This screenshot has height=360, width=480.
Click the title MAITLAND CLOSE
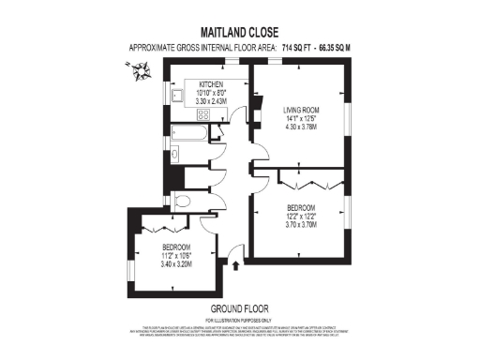(240, 31)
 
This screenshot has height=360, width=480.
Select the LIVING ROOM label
(302, 111)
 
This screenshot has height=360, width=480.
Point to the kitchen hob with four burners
(202, 114)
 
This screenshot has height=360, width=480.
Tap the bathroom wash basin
(174, 155)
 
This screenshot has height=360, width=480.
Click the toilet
(183, 200)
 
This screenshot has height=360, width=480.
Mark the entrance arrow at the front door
(234, 265)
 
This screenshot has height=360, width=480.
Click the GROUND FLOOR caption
(240, 307)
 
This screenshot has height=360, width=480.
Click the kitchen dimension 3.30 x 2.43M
(213, 100)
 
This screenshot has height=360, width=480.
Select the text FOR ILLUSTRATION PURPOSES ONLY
(240, 319)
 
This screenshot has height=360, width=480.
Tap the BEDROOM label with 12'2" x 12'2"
(300, 207)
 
